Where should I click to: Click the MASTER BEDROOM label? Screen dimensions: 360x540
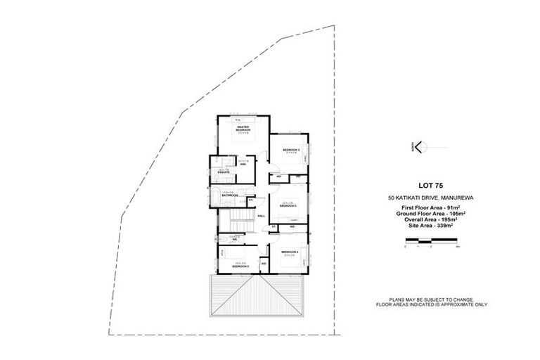(243, 129)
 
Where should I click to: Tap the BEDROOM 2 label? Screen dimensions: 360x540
(289, 205)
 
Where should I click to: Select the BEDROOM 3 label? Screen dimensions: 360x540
(291, 150)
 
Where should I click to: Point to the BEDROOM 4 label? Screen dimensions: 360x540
(290, 252)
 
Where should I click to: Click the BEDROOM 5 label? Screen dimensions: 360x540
(241, 266)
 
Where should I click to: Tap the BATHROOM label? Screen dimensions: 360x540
(228, 195)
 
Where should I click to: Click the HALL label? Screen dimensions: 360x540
(262, 216)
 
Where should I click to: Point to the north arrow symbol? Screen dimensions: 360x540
(418, 147)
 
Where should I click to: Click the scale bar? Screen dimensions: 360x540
(432, 243)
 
